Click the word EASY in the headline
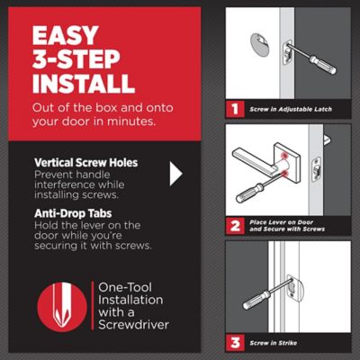[66, 35]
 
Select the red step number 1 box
[235, 109]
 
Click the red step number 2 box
[235, 226]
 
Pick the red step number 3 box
[235, 343]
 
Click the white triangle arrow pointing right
[175, 174]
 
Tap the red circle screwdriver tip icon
[62, 306]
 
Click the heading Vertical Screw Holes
[86, 163]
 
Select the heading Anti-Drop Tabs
[73, 213]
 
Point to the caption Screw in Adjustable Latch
[291, 109]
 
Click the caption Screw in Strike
[274, 343]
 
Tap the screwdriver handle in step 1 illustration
[323, 64]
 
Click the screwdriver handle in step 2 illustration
[249, 193]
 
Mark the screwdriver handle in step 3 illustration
[256, 300]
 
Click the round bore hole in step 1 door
[259, 45]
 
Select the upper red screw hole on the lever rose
[283, 155]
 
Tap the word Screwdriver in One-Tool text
[134, 325]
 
